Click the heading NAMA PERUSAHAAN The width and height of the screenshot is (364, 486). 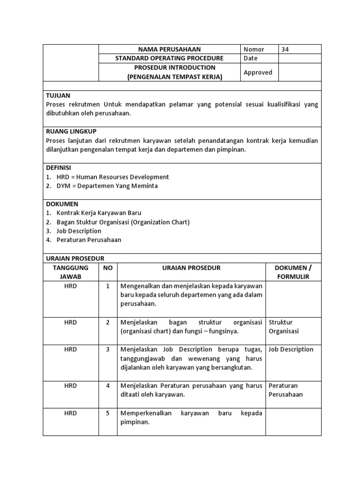pos(169,49)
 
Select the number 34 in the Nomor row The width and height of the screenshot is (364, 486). pos(285,49)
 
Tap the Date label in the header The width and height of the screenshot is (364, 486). pos(250,58)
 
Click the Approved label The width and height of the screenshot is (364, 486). pos(258,72)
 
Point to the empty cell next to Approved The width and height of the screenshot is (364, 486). pos(300,72)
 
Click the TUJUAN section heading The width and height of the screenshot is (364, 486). pos(58,95)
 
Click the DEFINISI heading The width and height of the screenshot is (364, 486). pos(58,168)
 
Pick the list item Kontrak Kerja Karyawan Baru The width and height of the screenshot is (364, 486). pos(99,213)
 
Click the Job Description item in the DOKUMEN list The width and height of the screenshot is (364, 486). pos(79,231)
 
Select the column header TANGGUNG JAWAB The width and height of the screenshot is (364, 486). pos(71,272)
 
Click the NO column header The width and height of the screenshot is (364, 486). pos(108,268)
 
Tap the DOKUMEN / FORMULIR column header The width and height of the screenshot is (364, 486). pos(293,272)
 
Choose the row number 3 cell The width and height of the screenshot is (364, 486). pos(108,349)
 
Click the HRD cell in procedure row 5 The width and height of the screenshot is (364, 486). pos(71,413)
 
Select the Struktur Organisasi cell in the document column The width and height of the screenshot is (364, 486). pos(281,327)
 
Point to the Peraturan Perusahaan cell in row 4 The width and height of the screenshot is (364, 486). pos(285,390)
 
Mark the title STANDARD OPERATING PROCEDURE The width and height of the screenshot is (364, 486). pos(169,58)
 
